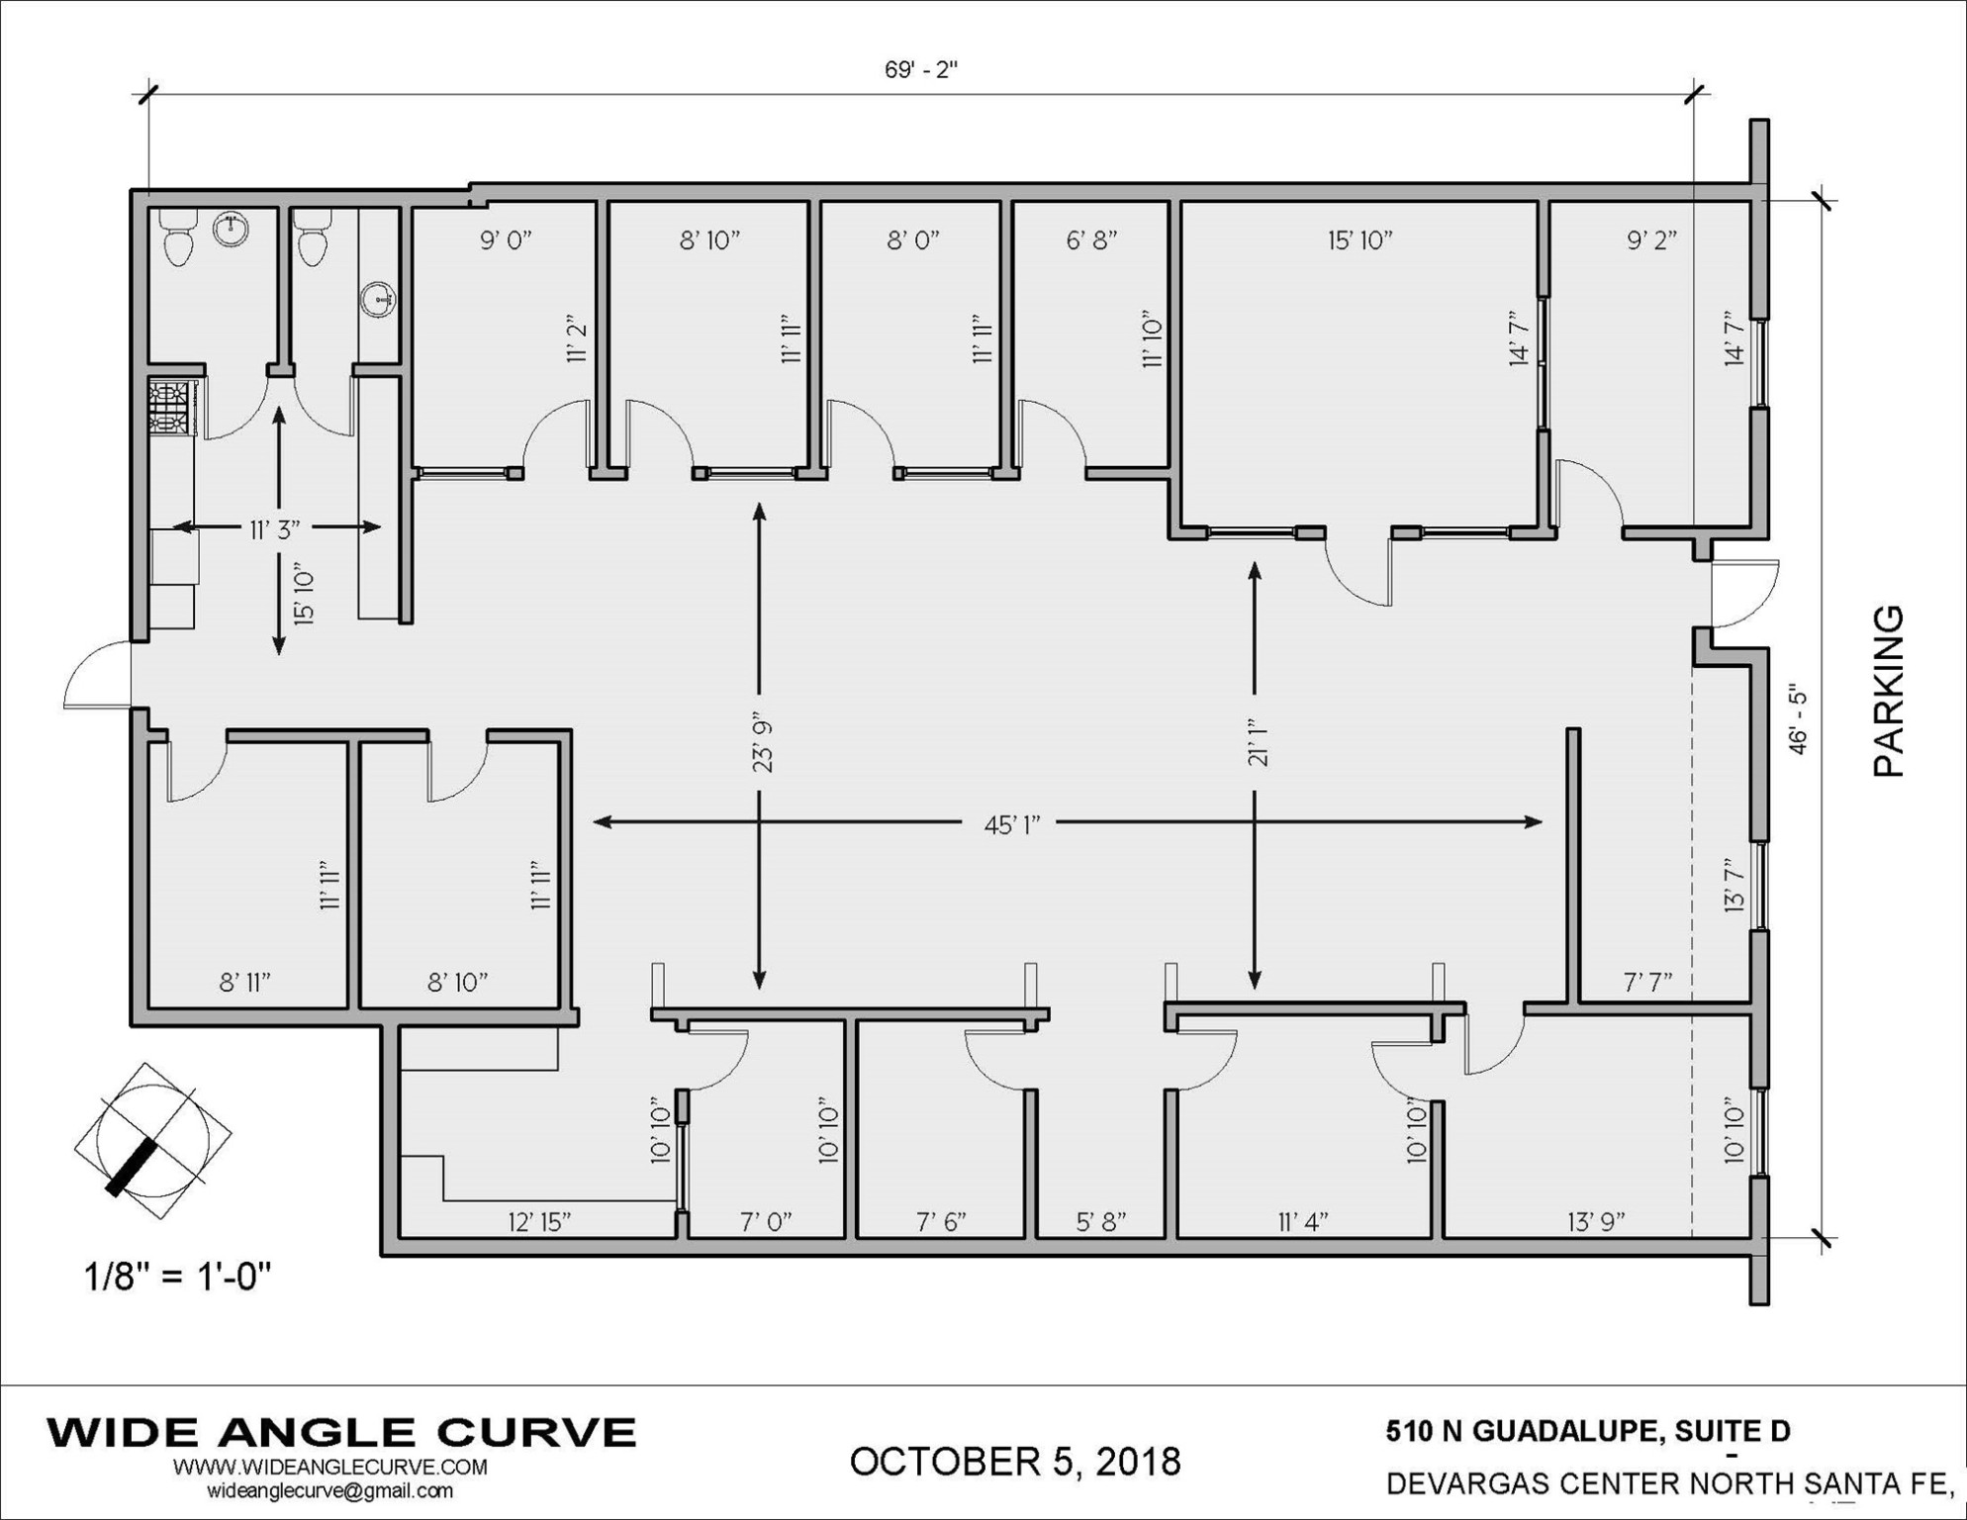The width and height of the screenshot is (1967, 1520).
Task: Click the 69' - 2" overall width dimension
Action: [921, 70]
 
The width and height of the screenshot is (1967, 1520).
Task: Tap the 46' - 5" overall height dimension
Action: [1798, 719]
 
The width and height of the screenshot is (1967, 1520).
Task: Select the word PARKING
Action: [1889, 692]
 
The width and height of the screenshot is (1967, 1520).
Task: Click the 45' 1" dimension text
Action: [1011, 824]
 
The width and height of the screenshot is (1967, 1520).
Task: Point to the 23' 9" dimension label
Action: [763, 741]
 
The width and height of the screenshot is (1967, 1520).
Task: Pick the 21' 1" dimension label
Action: [1258, 742]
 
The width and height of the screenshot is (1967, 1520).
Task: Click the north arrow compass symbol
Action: [153, 1142]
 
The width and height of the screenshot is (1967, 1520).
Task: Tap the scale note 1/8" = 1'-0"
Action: [178, 1277]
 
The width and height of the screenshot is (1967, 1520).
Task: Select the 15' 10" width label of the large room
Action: [1359, 239]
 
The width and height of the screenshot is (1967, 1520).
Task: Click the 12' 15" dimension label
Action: [539, 1222]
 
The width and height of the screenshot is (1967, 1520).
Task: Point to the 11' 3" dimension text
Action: [274, 529]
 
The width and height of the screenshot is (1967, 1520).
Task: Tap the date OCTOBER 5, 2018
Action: [1015, 1462]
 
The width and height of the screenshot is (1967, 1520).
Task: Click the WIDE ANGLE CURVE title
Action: [341, 1432]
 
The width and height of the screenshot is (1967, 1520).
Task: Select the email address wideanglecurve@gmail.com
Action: [329, 1490]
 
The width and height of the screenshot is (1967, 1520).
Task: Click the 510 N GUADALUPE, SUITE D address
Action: [1588, 1432]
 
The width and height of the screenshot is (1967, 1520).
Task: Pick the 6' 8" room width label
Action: [1091, 239]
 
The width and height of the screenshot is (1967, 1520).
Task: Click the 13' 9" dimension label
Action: [1596, 1222]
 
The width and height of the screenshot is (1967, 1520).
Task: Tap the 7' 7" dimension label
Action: [1647, 982]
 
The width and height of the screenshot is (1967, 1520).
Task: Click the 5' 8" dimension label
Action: [1100, 1222]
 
